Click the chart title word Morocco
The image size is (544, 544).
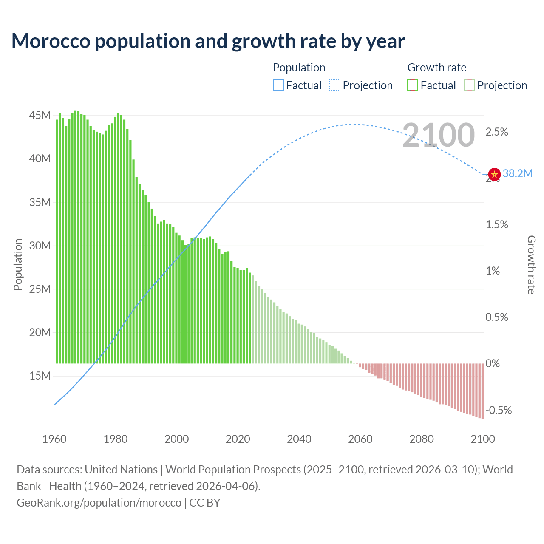[x=51, y=41]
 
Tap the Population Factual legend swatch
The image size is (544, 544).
[x=278, y=85]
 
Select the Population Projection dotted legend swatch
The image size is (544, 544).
[x=335, y=85]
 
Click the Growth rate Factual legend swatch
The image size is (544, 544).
[x=413, y=85]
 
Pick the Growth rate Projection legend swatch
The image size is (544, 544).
[x=470, y=85]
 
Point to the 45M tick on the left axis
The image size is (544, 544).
[x=40, y=116]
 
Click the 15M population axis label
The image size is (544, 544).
[x=40, y=376]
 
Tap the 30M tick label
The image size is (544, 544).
[x=40, y=246]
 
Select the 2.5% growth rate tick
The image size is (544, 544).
[x=497, y=132]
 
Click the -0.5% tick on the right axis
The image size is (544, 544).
[x=499, y=411]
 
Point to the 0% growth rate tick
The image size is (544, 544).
[x=493, y=364]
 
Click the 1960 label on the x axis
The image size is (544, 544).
[x=54, y=439]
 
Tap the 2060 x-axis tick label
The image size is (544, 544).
[x=360, y=439]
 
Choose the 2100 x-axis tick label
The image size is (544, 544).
[x=483, y=439]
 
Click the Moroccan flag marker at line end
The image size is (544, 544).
[x=494, y=174]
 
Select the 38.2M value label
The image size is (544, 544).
[x=518, y=173]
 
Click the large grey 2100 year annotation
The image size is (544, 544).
[x=438, y=135]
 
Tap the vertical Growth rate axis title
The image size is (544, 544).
[x=531, y=265]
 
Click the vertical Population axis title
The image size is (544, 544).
[x=18, y=264]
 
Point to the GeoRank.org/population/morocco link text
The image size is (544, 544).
[x=99, y=503]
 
